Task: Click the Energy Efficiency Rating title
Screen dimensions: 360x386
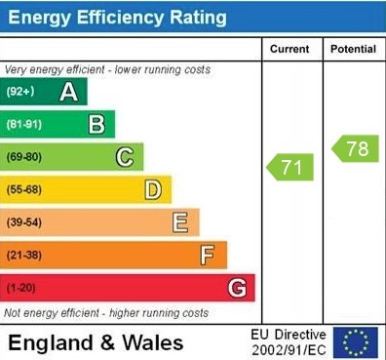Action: tap(117, 18)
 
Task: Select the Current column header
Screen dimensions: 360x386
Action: tap(289, 49)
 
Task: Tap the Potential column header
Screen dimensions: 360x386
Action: tap(353, 49)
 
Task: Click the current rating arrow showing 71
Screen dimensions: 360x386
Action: tap(290, 167)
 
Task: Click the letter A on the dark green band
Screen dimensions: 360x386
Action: tap(68, 92)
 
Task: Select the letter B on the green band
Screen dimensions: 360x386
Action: tap(96, 124)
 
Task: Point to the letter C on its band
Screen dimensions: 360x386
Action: tap(125, 156)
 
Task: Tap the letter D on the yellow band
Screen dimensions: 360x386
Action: tap(152, 189)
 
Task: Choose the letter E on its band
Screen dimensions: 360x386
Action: tap(180, 222)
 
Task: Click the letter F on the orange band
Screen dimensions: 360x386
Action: tap(208, 255)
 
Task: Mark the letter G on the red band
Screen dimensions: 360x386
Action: tap(236, 288)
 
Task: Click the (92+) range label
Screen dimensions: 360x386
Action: tap(20, 92)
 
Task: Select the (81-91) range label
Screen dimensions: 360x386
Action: tap(24, 124)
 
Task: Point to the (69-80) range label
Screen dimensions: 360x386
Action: tap(24, 156)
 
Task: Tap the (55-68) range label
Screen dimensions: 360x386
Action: tap(24, 189)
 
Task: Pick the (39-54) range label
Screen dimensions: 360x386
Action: tap(24, 222)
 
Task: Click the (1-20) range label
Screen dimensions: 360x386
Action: tap(21, 288)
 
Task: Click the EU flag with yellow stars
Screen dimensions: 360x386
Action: tap(356, 342)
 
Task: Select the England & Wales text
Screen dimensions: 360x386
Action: tap(96, 342)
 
